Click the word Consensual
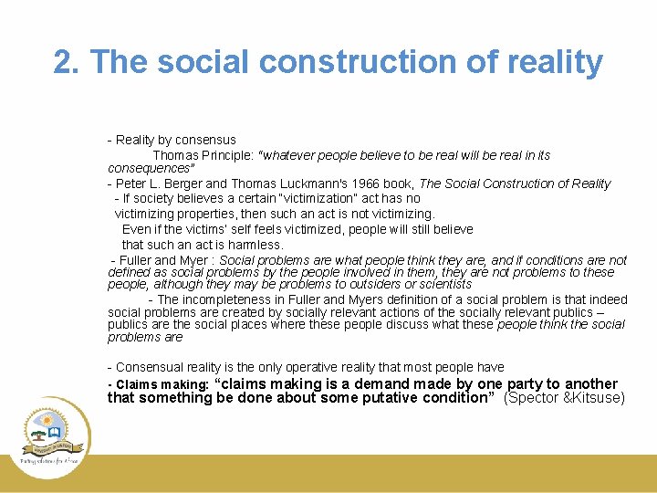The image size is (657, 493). (x=151, y=367)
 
